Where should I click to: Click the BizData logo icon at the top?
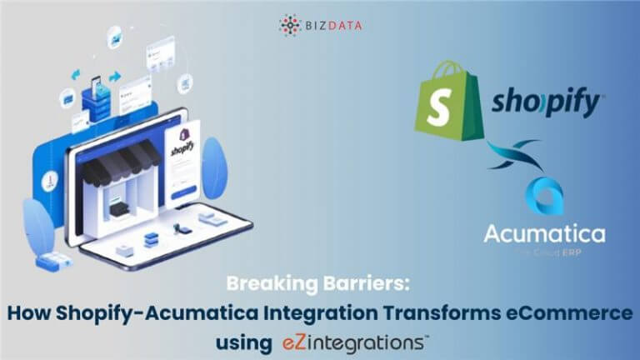pos(289,24)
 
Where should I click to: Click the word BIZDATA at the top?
pos(333,25)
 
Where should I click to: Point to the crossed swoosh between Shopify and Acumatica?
pos(517,156)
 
